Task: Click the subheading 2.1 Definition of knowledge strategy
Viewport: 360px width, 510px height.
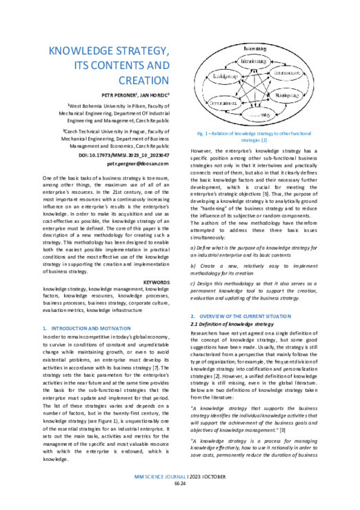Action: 230,323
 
